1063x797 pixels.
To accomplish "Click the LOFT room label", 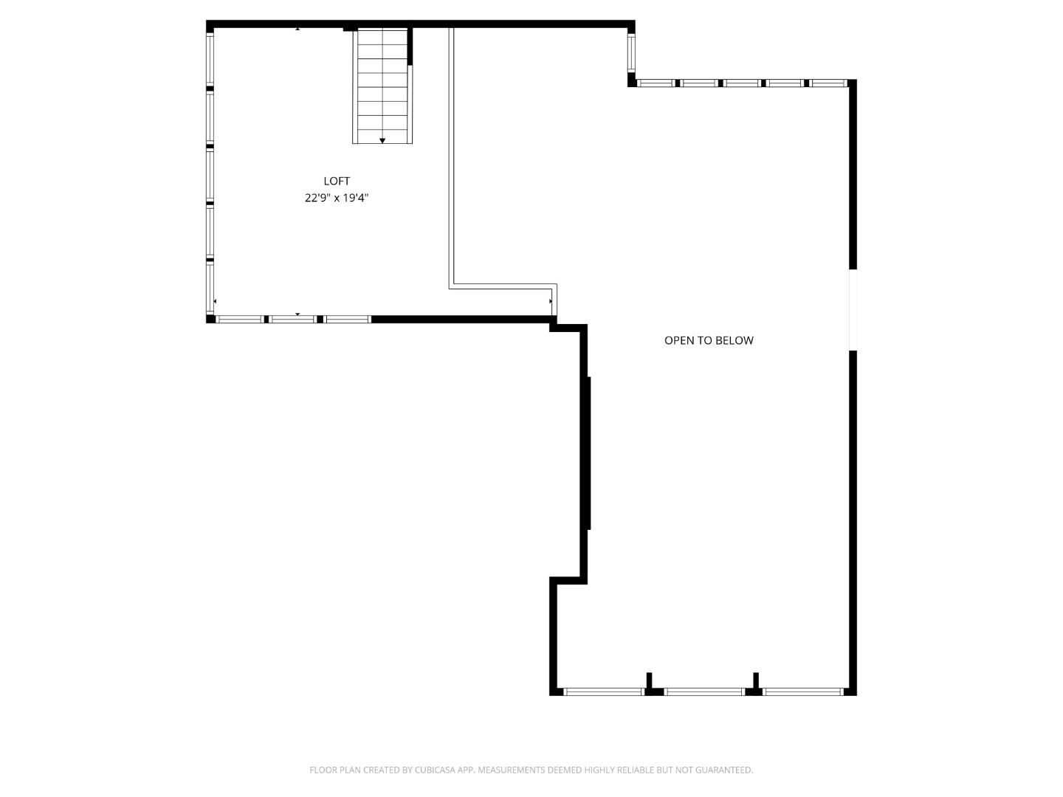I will [x=337, y=181].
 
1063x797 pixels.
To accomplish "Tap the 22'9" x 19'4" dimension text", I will [x=337, y=198].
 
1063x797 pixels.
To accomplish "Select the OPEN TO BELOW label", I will [x=709, y=340].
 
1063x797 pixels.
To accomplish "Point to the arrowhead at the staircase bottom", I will [x=382, y=140].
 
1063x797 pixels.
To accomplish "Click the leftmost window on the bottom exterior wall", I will [x=604, y=691].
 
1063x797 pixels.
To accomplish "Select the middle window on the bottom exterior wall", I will [x=704, y=691].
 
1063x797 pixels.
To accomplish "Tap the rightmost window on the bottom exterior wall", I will [x=803, y=691].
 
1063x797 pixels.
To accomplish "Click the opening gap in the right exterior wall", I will [x=853, y=310].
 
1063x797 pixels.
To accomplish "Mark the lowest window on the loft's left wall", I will [x=210, y=289].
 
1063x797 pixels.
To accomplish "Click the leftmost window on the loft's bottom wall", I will [x=238, y=319].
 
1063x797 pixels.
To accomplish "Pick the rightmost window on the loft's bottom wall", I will [x=347, y=319].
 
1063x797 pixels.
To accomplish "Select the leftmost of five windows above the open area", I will [x=656, y=83].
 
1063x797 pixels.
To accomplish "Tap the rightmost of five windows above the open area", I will [x=828, y=83].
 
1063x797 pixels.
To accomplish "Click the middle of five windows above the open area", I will [x=742, y=83].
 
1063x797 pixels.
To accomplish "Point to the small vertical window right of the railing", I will [x=631, y=52].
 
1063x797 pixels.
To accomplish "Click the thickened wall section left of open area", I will [x=588, y=453].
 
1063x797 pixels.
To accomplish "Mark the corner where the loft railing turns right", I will [x=451, y=286].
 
